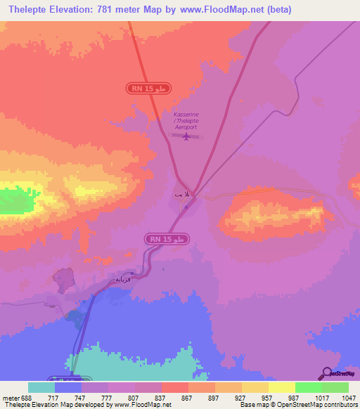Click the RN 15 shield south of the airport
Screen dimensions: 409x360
point(168,240)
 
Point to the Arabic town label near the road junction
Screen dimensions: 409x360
point(181,192)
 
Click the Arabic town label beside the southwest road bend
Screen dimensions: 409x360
point(120,280)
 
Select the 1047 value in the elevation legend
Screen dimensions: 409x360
point(349,398)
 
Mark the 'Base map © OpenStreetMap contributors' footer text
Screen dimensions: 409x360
point(298,405)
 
